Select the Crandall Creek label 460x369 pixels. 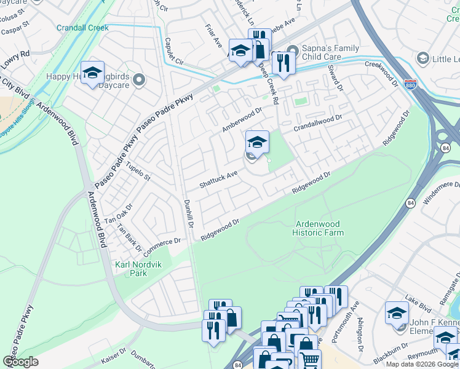pos(82,28)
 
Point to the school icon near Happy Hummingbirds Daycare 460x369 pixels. pos(92,73)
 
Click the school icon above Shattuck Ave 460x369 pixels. pos(257,143)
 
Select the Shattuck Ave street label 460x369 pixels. pos(218,180)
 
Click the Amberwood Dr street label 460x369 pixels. pos(242,119)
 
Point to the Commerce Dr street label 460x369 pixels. pos(162,247)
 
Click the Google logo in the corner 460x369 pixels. pos(20,361)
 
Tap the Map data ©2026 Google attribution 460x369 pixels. pos(422,364)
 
